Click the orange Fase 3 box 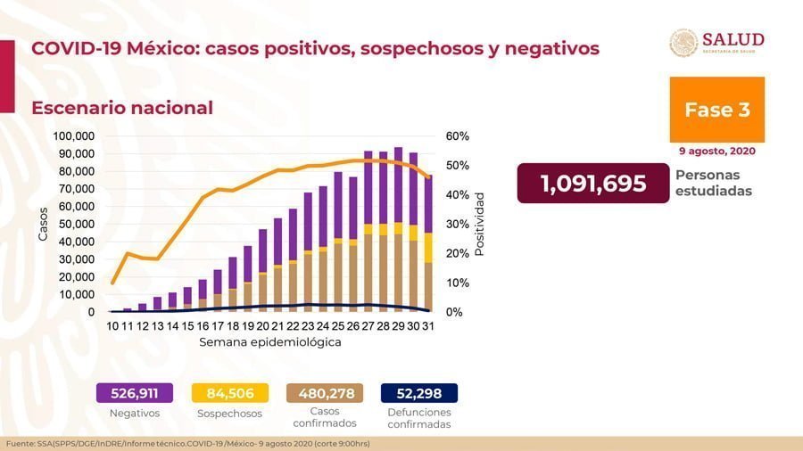coord(716,110)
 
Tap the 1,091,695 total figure coord(592,184)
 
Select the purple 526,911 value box coord(135,393)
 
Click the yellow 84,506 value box coord(229,393)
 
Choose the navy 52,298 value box coord(418,393)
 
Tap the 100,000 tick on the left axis coord(74,136)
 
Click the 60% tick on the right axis coord(458,136)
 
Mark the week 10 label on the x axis coord(113,327)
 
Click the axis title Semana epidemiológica coord(269,342)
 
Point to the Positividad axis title coord(479,224)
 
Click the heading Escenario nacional coord(122,108)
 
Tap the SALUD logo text coord(733,39)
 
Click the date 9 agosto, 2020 coord(717,151)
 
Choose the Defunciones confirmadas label coord(419,418)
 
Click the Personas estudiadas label coord(713,184)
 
